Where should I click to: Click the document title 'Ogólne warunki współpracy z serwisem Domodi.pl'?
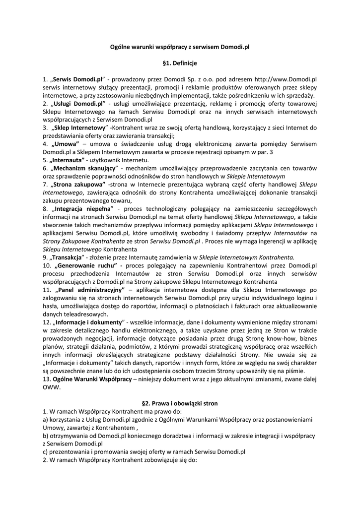[x=180, y=47]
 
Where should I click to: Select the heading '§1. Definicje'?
[x=180, y=63]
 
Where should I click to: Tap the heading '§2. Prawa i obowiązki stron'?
[x=180, y=403]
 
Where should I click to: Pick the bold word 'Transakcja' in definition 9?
[x=68, y=257]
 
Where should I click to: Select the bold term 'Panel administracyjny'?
[x=90, y=289]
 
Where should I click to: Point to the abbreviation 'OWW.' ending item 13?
[x=52, y=387]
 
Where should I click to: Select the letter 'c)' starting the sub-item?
[x=46, y=452]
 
